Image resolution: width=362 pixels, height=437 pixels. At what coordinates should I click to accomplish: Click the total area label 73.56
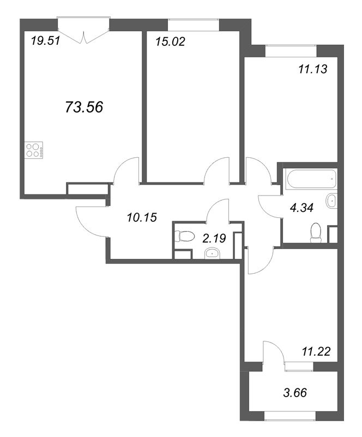(84, 107)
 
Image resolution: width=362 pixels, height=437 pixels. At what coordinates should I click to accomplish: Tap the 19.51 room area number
(45, 42)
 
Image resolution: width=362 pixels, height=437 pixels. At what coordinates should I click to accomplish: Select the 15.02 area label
(170, 42)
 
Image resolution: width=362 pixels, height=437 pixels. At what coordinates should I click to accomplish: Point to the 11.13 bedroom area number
(313, 69)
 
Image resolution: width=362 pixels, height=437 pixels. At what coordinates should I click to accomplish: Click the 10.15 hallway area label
(142, 217)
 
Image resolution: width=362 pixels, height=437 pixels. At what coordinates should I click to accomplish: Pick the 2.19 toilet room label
(214, 238)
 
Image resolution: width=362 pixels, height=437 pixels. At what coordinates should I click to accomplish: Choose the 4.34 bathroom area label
(301, 208)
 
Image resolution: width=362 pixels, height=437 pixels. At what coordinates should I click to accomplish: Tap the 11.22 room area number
(316, 351)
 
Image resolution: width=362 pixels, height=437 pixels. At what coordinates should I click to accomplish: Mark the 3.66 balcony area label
(294, 393)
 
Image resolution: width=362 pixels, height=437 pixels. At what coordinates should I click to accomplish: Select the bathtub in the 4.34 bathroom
(312, 180)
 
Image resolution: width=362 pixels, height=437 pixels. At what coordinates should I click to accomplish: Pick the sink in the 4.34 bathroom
(331, 200)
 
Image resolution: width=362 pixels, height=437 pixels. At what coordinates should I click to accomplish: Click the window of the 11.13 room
(291, 50)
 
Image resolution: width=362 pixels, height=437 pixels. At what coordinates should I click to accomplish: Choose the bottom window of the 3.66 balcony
(290, 424)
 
